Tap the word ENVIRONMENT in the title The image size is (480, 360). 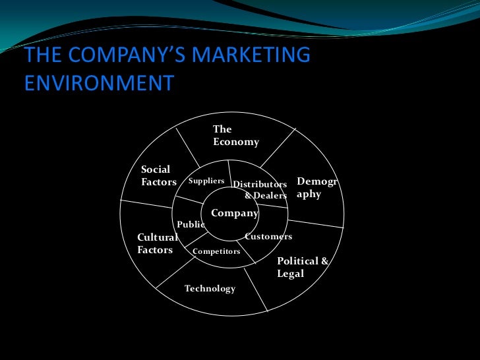click(x=99, y=84)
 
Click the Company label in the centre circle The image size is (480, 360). click(x=234, y=213)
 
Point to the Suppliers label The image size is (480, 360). click(x=206, y=181)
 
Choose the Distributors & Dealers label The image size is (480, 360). click(x=260, y=190)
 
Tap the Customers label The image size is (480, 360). click(x=268, y=236)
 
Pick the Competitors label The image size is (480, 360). click(x=216, y=251)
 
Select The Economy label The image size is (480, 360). click(x=235, y=135)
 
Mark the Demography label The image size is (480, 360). click(x=317, y=188)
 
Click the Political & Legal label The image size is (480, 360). click(x=302, y=267)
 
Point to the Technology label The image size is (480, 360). click(x=210, y=289)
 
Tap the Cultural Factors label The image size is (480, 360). click(x=157, y=243)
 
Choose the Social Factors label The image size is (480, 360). click(x=158, y=175)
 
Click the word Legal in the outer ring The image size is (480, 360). click(x=290, y=274)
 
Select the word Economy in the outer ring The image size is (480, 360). click(x=235, y=142)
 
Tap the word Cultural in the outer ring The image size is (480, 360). click(x=157, y=237)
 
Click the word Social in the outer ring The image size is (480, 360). click(x=156, y=169)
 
